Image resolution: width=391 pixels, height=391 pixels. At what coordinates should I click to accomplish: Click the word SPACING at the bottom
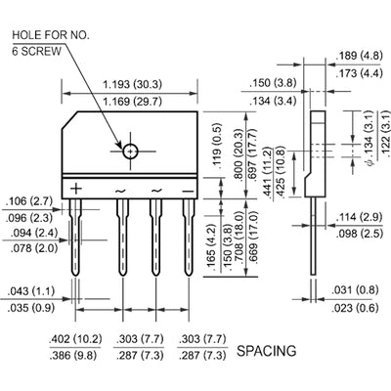coord(267,348)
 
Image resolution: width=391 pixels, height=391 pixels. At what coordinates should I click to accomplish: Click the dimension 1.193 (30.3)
coord(132,85)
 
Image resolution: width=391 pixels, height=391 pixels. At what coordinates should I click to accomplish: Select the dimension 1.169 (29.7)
coord(132,101)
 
